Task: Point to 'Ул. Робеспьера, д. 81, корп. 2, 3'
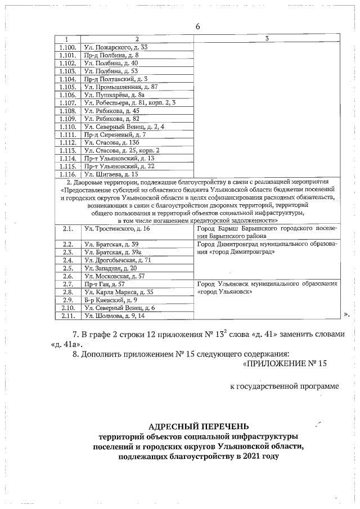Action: coord(129,103)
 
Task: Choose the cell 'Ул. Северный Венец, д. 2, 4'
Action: coord(123,127)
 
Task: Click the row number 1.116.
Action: coord(67,174)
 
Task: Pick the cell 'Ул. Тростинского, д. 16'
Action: coord(116,229)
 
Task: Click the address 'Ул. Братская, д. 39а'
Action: coord(111,253)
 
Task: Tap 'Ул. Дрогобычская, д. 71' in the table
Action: coord(117,260)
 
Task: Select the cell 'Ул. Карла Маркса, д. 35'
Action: coord(118,292)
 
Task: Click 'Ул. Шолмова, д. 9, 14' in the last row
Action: coord(115,316)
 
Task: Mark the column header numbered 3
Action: coord(266,38)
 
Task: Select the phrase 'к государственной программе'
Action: coord(285,386)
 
